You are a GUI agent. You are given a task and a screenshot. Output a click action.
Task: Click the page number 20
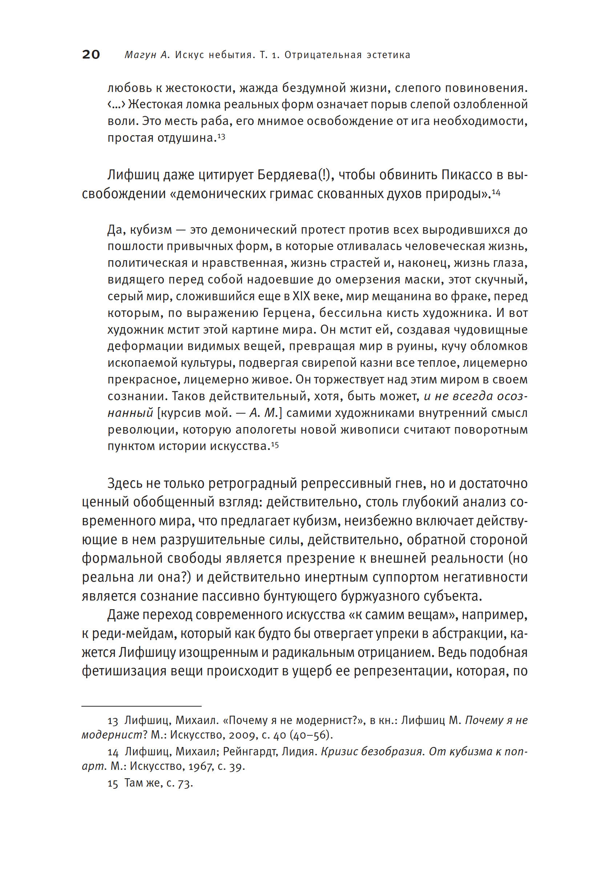[91, 55]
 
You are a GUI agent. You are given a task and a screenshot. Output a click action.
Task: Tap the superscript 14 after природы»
[496, 193]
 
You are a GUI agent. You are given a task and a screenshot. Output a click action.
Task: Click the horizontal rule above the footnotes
[142, 706]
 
